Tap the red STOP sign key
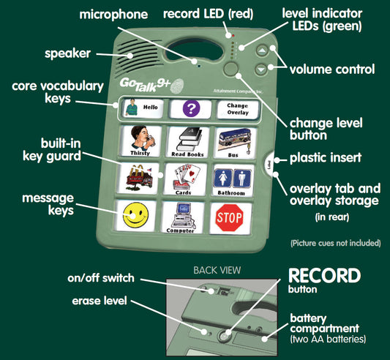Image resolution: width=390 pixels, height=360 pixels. point(230,218)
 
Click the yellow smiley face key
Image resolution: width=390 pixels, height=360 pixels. point(135,215)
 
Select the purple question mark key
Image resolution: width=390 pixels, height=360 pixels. point(191,109)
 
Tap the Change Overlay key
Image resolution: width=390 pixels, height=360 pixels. point(238,109)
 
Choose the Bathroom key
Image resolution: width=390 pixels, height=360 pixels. point(232,180)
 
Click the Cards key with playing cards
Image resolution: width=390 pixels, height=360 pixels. point(185,179)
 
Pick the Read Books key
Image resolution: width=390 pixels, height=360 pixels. point(188,142)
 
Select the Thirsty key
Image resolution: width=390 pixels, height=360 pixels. point(140,141)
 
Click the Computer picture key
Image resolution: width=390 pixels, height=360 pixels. point(183,217)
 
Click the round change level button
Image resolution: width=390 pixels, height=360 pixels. point(230,69)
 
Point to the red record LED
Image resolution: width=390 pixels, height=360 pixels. point(233,36)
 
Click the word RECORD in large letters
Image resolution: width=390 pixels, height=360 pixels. point(324,276)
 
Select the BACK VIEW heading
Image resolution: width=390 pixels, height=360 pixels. point(217,270)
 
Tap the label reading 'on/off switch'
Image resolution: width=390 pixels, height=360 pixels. point(101,278)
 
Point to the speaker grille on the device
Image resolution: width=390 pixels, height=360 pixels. point(136,57)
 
